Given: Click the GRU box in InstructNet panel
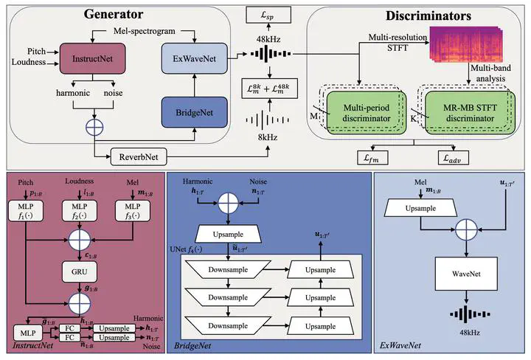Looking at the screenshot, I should [80, 270].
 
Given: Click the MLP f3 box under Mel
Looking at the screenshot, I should [132, 211].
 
